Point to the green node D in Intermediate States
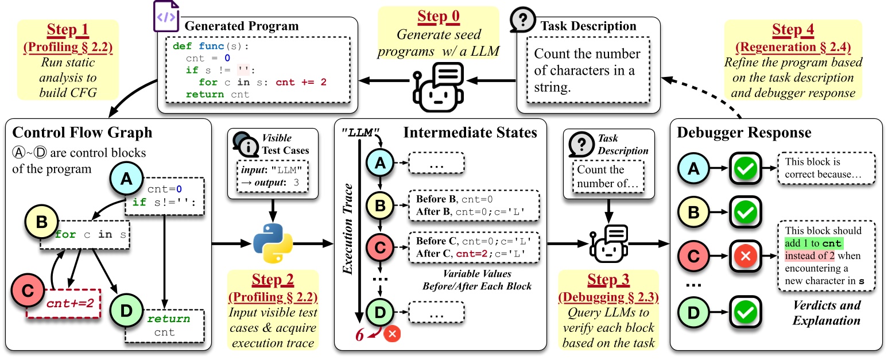[x=380, y=312]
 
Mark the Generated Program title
[x=241, y=26]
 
